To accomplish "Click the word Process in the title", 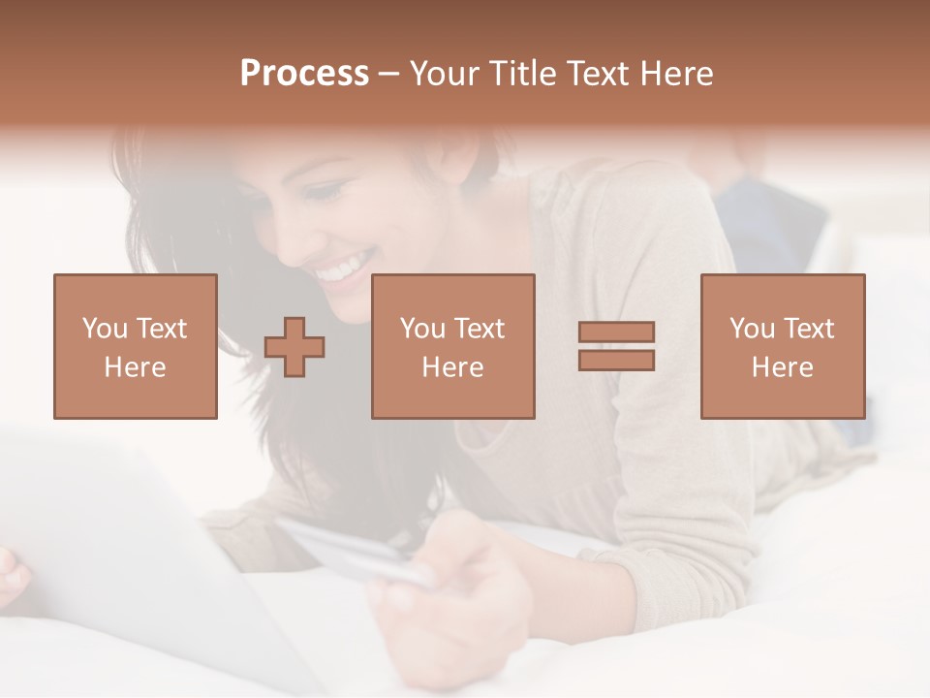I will pyautogui.click(x=304, y=74).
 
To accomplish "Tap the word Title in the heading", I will pyautogui.click(x=523, y=74).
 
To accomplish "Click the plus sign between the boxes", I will pyautogui.click(x=294, y=347).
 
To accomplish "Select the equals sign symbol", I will pyautogui.click(x=616, y=346).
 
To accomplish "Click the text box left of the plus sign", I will pyautogui.click(x=136, y=346).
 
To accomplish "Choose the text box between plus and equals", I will pyautogui.click(x=452, y=346).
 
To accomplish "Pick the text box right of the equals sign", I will pyautogui.click(x=782, y=346).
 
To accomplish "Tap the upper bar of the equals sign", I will pyautogui.click(x=616, y=333).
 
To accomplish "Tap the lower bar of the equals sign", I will pyautogui.click(x=616, y=361).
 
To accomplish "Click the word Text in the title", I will pyautogui.click(x=600, y=74).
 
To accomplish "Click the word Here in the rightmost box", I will pyautogui.click(x=782, y=367).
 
